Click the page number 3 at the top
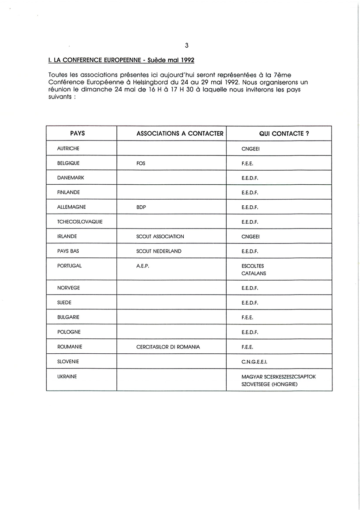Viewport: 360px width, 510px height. click(x=187, y=45)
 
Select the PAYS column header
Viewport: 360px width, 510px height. click(x=77, y=134)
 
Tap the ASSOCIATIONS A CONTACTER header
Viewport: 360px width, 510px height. click(x=180, y=134)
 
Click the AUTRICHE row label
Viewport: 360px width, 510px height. click(x=68, y=148)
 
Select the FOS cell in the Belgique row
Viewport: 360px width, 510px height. click(x=141, y=163)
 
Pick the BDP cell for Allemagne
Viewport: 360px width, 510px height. click(x=141, y=207)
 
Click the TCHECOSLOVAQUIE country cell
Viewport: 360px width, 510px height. click(x=80, y=222)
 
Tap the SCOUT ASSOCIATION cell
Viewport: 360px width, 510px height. click(x=160, y=236)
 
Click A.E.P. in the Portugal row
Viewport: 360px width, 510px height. click(x=143, y=266)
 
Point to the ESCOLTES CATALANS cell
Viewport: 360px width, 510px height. click(x=254, y=270)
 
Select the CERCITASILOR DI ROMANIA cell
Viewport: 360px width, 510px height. click(x=168, y=347)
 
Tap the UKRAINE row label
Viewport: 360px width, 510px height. click(x=67, y=376)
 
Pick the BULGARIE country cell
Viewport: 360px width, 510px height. click(x=68, y=317)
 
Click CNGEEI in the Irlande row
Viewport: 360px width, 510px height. click(x=251, y=236)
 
